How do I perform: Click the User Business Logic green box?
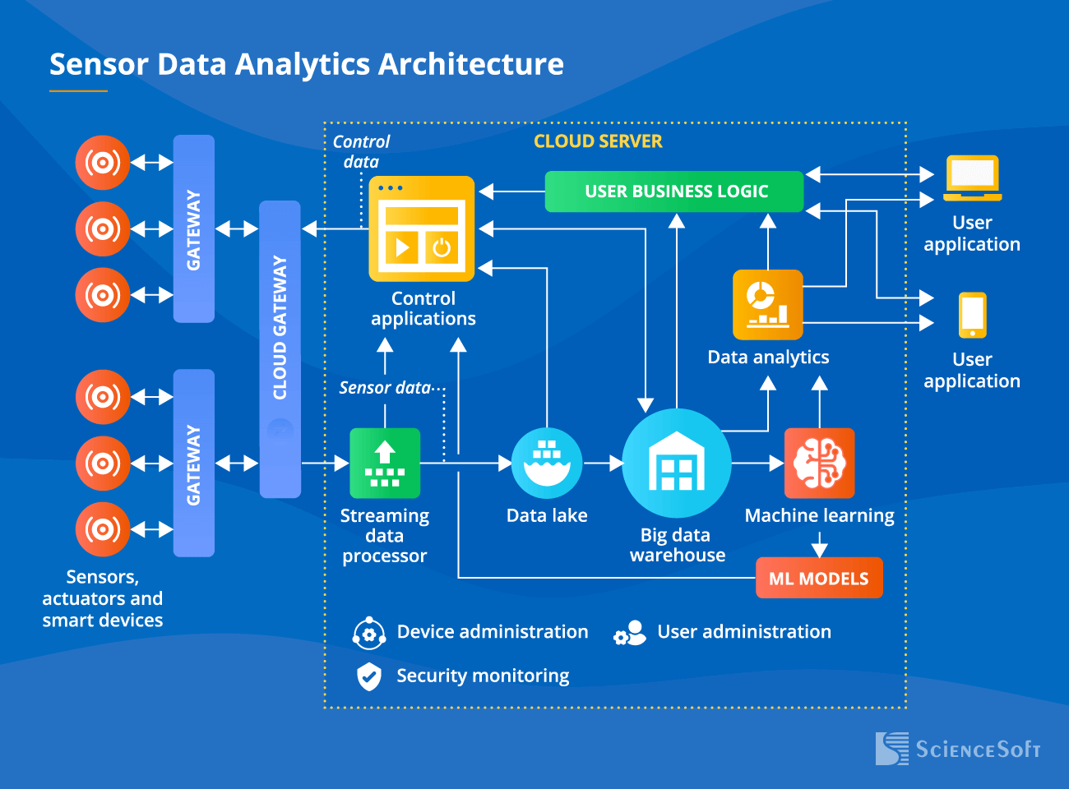674,191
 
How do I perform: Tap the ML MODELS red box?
819,578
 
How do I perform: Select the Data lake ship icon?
547,464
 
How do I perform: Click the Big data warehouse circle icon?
677,464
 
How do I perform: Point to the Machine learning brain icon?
820,464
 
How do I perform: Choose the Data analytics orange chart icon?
767,305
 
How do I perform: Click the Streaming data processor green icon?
385,464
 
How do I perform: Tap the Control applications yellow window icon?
422,228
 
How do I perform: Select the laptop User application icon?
972,178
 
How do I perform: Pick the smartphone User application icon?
972,316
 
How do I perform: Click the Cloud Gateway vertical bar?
280,349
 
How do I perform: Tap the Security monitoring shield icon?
369,676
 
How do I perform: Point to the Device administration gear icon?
368,633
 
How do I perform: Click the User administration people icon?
630,633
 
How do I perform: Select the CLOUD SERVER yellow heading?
598,141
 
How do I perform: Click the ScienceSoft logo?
958,749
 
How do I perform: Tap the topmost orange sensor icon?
103,163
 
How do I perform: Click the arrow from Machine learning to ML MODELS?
820,544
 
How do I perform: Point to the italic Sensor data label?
385,388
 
